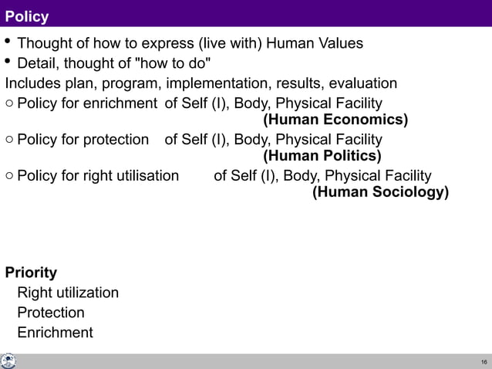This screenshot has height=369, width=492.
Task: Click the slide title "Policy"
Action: pyautogui.click(x=27, y=15)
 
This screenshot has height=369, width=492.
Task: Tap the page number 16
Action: pyautogui.click(x=484, y=362)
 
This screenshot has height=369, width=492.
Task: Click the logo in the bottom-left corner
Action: pyautogui.click(x=8, y=361)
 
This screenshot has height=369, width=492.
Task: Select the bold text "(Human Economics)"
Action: pyautogui.click(x=335, y=120)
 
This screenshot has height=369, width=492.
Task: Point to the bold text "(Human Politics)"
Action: pyautogui.click(x=322, y=157)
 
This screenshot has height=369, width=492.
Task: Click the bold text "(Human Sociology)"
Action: pyautogui.click(x=380, y=193)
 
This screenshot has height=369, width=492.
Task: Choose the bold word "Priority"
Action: pyautogui.click(x=31, y=273)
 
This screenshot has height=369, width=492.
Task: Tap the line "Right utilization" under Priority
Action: pyautogui.click(x=68, y=293)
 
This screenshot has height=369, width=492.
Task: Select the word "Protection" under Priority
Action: pyautogui.click(x=51, y=313)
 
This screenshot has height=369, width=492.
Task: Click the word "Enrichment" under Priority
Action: pyautogui.click(x=55, y=333)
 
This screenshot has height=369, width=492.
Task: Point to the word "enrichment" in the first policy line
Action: pyautogui.click(x=122, y=103)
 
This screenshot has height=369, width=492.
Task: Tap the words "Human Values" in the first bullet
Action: pyautogui.click(x=315, y=42)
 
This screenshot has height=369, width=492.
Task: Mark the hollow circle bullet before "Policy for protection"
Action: pyautogui.click(x=8, y=140)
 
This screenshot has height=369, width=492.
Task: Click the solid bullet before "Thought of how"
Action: pyautogui.click(x=8, y=42)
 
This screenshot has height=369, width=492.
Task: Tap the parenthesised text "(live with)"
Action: pyautogui.click(x=226, y=42)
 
